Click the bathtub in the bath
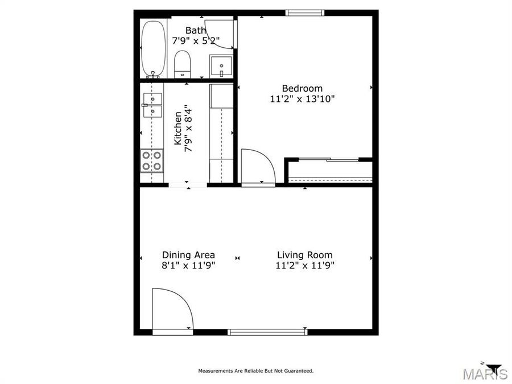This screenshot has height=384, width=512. [154, 49]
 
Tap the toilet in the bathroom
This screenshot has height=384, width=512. [182, 64]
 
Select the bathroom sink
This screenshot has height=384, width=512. [221, 65]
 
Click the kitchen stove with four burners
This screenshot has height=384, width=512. [152, 160]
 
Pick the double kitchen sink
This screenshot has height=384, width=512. [152, 105]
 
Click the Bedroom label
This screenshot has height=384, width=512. [302, 88]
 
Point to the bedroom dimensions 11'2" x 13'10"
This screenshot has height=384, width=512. [302, 98]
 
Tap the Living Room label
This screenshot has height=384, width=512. [304, 255]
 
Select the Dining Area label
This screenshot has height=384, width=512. [188, 255]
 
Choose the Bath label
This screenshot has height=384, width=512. [196, 30]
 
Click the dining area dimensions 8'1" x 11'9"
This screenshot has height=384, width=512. [188, 265]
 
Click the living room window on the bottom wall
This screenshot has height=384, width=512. [267, 332]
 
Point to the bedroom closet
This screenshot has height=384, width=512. [329, 171]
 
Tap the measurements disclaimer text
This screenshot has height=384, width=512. [255, 371]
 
